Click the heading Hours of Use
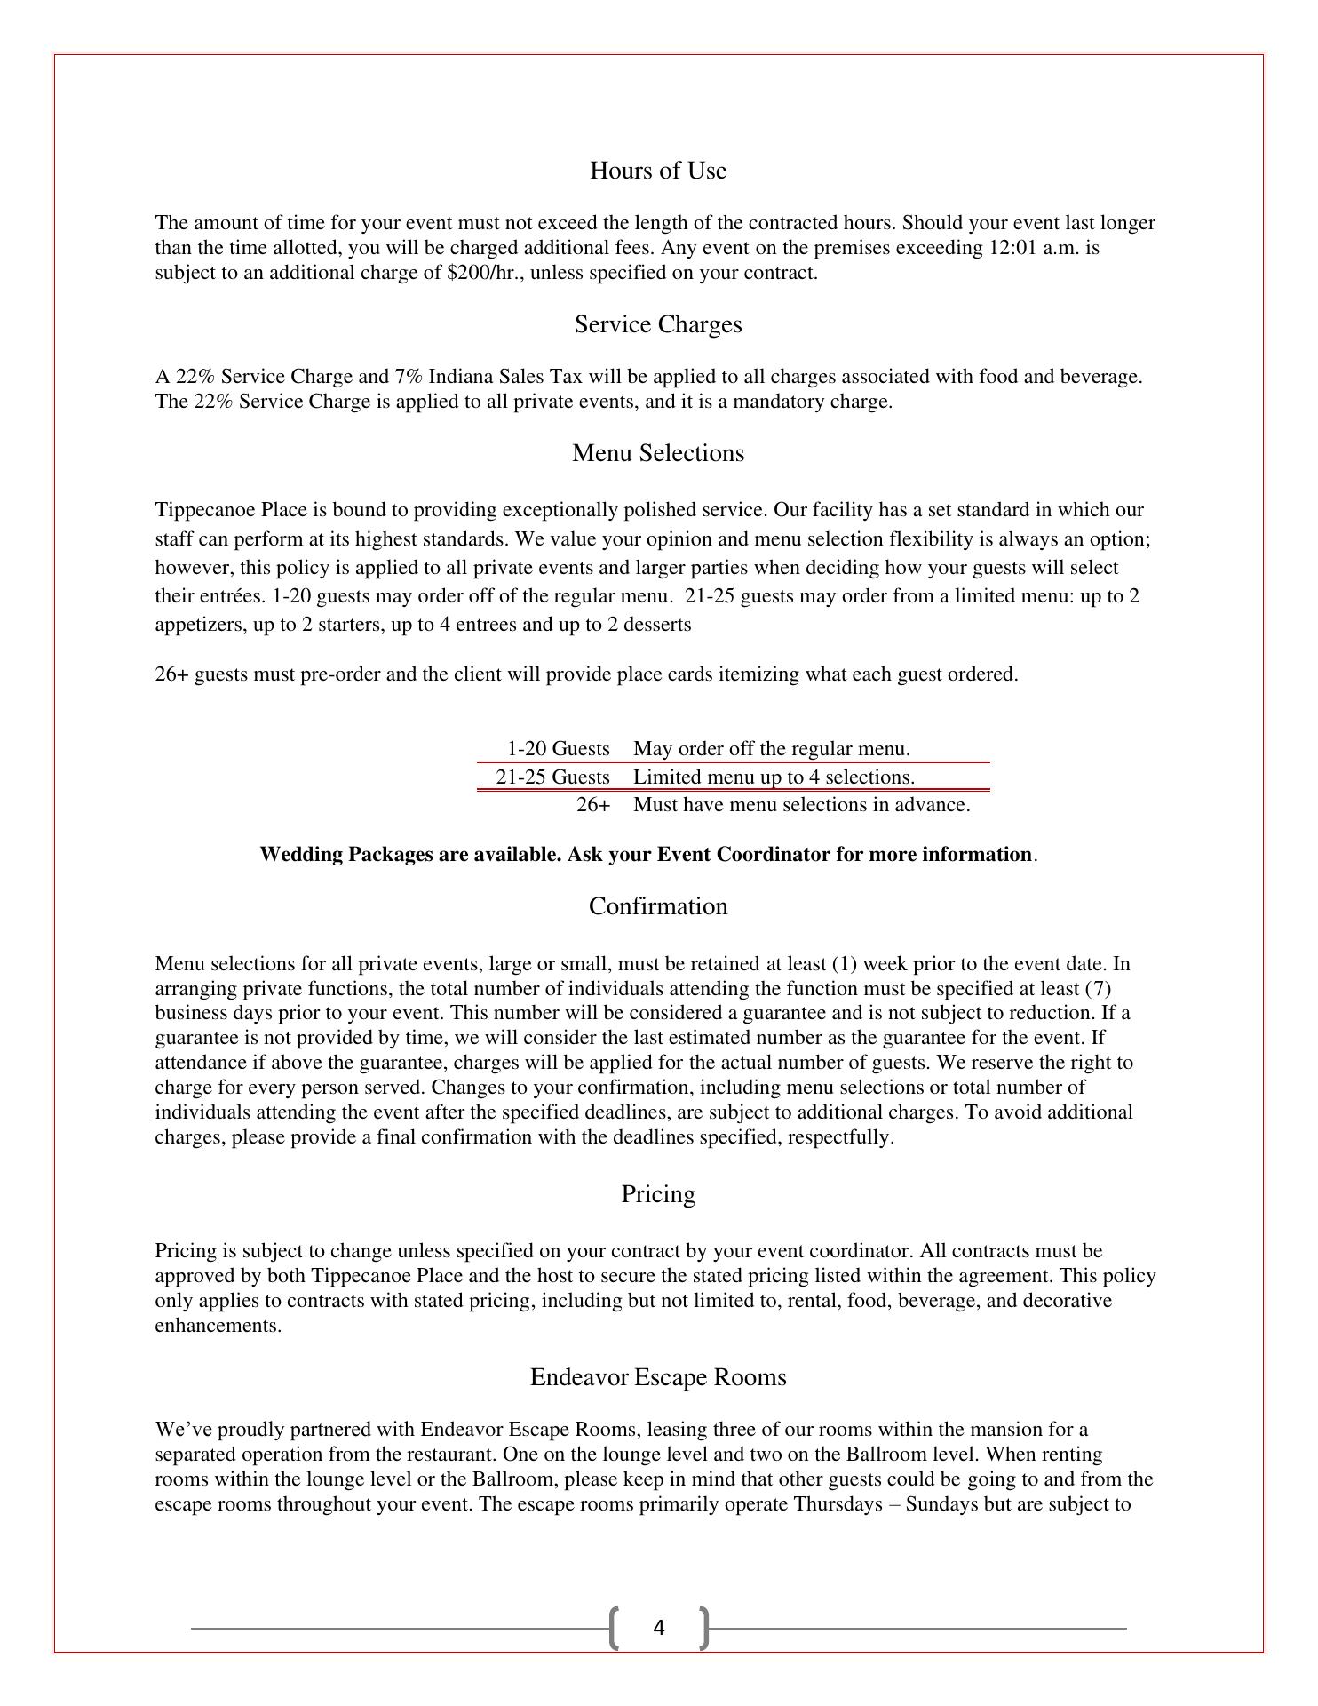click(x=657, y=171)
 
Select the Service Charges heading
click(x=657, y=324)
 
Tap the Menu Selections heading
click(x=657, y=453)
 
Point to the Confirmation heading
click(x=657, y=906)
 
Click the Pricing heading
click(x=657, y=1194)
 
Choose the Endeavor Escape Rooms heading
click(x=657, y=1377)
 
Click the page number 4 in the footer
click(x=658, y=1628)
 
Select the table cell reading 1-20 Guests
click(x=558, y=749)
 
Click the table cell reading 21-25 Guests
click(x=552, y=777)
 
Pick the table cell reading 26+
click(x=593, y=805)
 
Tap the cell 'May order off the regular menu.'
click(x=771, y=749)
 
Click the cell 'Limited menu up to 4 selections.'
click(x=773, y=777)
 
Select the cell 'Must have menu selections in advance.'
click(x=801, y=805)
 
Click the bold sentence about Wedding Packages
click(x=646, y=855)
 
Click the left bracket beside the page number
click(x=614, y=1628)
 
